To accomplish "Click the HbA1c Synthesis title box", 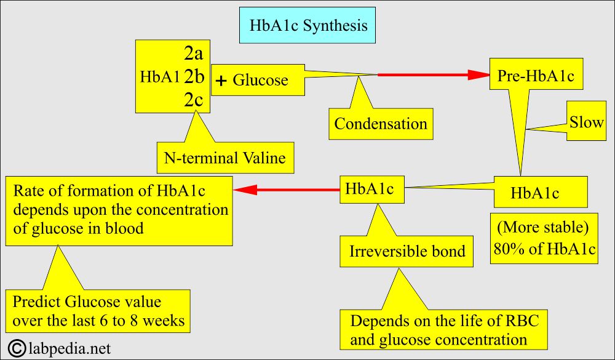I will tap(309, 26).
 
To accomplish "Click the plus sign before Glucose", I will tap(221, 81).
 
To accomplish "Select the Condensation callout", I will tap(380, 123).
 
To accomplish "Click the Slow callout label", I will tap(586, 122).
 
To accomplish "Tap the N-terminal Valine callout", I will tap(224, 158).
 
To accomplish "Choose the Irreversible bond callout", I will tap(407, 251).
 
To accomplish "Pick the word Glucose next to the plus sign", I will tap(260, 81).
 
